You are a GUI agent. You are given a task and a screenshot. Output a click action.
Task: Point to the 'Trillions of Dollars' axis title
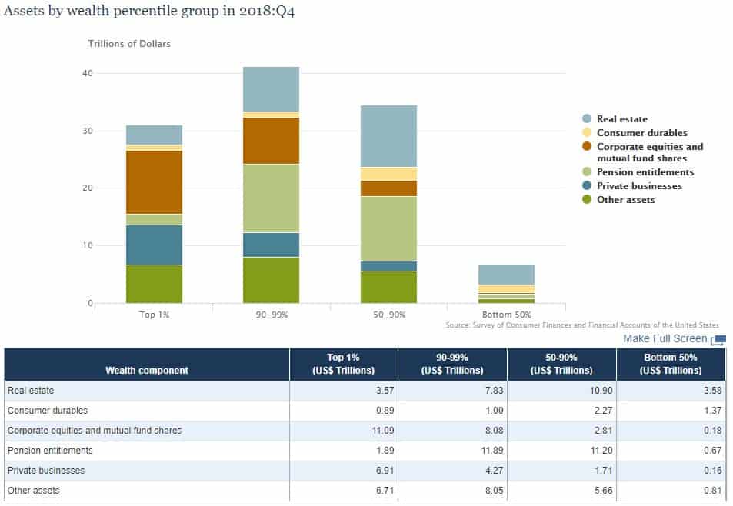pos(129,44)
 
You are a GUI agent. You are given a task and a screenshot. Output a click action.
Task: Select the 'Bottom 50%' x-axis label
pos(505,315)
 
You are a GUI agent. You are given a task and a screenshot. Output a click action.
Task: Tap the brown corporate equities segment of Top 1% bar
pos(154,181)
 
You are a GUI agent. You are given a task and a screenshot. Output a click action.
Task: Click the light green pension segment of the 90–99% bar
pos(271,198)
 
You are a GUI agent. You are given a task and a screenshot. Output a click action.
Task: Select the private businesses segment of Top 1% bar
pos(154,245)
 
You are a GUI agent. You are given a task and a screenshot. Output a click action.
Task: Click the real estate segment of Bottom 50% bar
pos(505,275)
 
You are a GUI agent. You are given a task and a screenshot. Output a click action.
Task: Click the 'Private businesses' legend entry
pos(638,186)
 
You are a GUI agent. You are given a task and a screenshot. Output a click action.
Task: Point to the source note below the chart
pos(582,325)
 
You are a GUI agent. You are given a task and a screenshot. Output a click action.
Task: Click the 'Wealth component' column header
pos(147,370)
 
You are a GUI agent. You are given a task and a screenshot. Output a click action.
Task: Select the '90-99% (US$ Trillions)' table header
pos(452,364)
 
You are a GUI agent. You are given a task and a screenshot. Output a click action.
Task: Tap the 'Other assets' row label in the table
pos(33,491)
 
